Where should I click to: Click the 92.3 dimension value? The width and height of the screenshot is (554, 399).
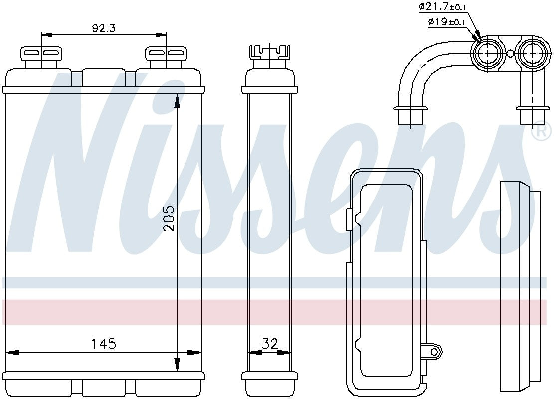coord(104,28)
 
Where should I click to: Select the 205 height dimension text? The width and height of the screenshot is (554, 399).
coord(169,218)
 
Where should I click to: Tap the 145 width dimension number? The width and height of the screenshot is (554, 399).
coord(104,343)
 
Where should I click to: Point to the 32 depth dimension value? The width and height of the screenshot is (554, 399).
coord(270,343)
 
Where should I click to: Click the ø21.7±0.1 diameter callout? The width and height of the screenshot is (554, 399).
coord(442,6)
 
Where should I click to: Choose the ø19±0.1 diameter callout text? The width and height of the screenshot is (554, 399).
coord(446,22)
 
